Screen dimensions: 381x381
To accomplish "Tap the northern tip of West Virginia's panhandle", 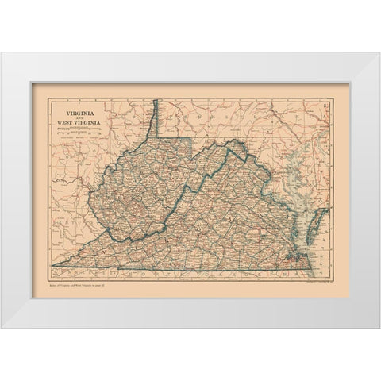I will tap(157, 102).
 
